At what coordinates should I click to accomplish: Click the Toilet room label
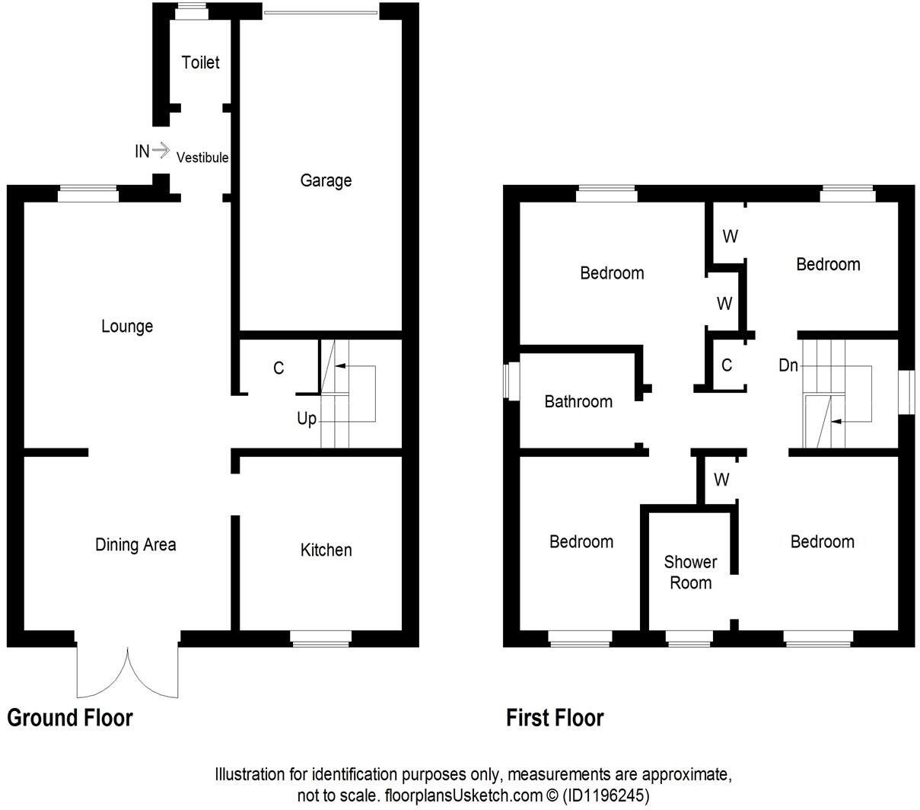tap(200, 62)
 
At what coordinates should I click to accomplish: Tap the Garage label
tap(326, 180)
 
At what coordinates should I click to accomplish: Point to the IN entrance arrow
tap(161, 151)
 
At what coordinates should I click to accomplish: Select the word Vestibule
tap(202, 158)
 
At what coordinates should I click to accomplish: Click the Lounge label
tap(127, 327)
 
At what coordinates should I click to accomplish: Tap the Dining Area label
tap(135, 545)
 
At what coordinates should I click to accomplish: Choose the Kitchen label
tap(326, 550)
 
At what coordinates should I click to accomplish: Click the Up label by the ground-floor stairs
tap(307, 419)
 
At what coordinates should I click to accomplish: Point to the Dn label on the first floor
tap(788, 365)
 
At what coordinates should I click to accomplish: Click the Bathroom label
tap(578, 401)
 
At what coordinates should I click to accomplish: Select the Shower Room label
tap(690, 572)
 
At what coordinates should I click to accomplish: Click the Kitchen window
tap(321, 639)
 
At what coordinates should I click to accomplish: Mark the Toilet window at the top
tap(191, 8)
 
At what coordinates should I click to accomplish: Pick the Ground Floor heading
tap(70, 718)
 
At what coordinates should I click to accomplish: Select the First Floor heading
tap(556, 718)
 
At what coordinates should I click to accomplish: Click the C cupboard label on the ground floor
tap(279, 368)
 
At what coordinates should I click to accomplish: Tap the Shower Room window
tap(689, 639)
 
